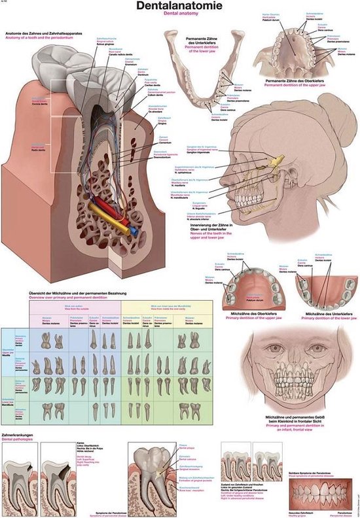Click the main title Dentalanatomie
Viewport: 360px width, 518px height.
point(179,8)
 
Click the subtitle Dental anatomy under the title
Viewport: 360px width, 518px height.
point(179,18)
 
